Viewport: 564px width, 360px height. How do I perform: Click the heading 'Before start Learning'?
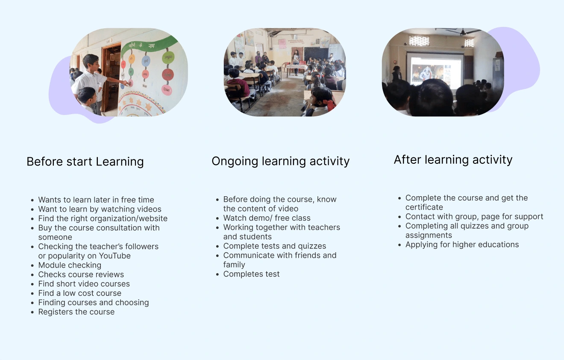[x=85, y=162]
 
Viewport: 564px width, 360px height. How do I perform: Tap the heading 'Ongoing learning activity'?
[x=280, y=162]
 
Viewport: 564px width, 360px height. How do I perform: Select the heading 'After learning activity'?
[x=453, y=160]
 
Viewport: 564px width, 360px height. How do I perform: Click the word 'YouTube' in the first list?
[x=115, y=256]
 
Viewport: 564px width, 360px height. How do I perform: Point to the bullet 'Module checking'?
[x=70, y=265]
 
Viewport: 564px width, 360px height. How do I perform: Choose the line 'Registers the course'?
[x=76, y=312]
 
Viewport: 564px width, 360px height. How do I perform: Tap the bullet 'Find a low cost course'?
[x=80, y=293]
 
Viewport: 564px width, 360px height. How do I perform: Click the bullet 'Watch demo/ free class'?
[x=267, y=218]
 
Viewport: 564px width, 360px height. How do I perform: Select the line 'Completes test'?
[x=251, y=274]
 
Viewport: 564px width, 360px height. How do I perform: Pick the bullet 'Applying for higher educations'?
[x=462, y=245]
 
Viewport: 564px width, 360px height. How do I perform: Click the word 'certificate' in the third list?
[x=424, y=207]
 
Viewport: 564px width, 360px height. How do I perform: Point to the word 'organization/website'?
[x=130, y=218]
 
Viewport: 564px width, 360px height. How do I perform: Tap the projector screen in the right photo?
[x=435, y=71]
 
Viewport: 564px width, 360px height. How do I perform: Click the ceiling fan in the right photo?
[x=463, y=32]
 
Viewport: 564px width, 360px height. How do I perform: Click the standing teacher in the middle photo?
[x=296, y=62]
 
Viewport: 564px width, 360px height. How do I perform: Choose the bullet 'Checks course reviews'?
[x=81, y=274]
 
